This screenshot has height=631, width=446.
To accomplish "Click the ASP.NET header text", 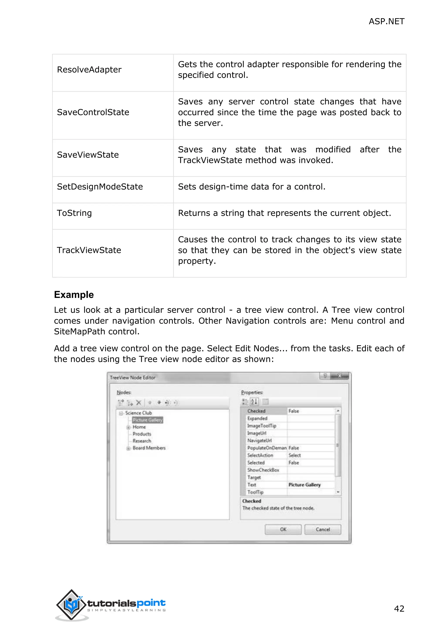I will click(386, 21).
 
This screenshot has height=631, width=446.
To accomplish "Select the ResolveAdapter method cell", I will click(89, 70).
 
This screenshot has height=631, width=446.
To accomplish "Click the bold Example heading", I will click(74, 295).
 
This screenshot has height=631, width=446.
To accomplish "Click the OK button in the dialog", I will click(283, 529).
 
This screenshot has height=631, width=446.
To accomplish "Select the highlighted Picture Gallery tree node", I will click(147, 420).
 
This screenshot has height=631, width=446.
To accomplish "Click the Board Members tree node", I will click(149, 448).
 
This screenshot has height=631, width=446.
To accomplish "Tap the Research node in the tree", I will click(142, 441).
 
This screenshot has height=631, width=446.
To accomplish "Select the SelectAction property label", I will click(260, 455).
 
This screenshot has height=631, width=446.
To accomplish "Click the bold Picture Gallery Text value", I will click(304, 485).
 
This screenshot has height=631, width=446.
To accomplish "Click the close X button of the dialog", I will click(340, 376).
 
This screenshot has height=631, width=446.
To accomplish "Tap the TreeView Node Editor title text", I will click(132, 378).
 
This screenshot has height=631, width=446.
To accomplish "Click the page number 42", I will click(399, 609).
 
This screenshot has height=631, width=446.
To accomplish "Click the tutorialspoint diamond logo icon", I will click(71, 605).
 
